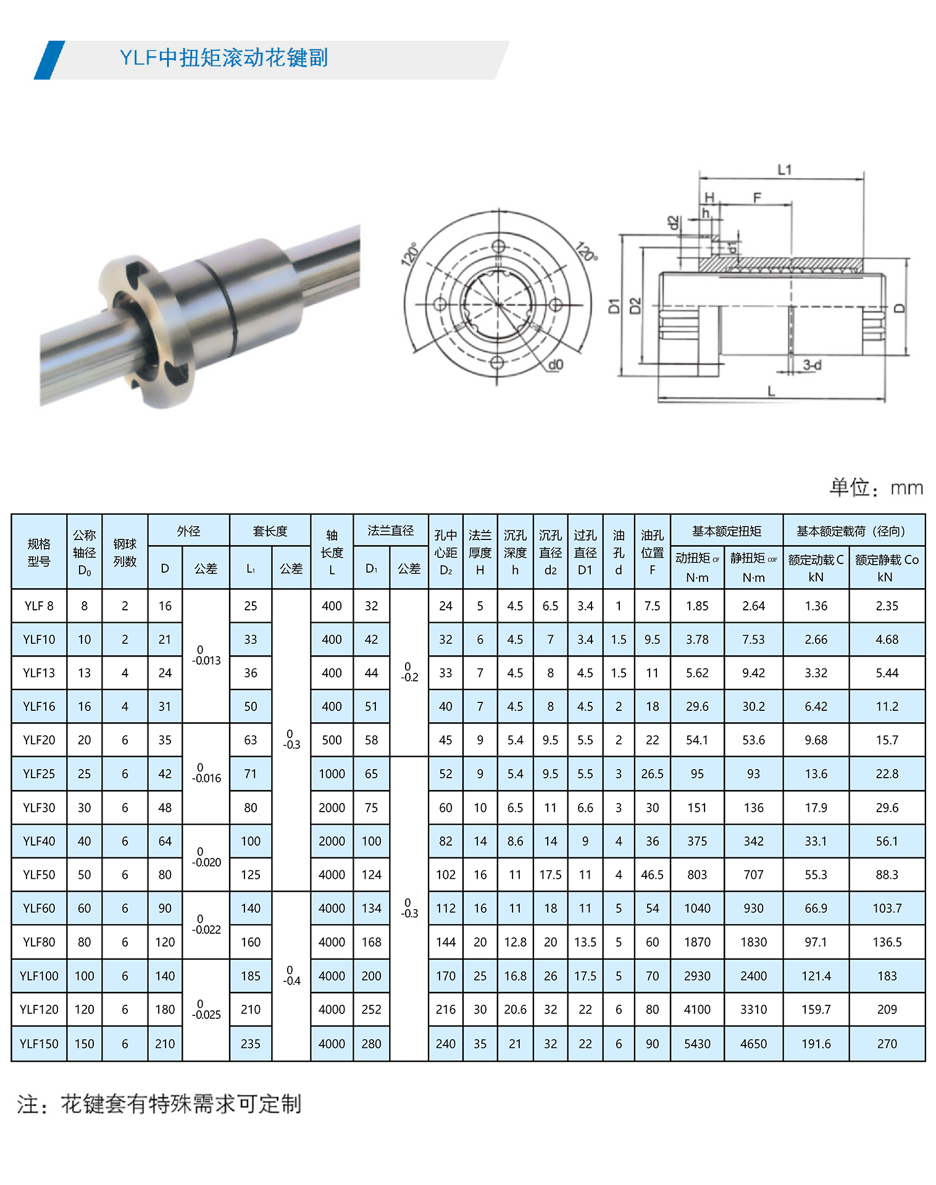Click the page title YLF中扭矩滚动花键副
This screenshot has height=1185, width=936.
(x=224, y=58)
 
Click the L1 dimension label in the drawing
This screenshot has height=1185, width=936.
(x=784, y=169)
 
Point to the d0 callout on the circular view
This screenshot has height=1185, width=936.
(x=555, y=364)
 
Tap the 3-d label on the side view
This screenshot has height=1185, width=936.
(x=812, y=365)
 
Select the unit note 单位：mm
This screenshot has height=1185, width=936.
(x=876, y=488)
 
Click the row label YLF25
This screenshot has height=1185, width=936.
(x=39, y=774)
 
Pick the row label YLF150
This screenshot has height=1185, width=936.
(x=39, y=1044)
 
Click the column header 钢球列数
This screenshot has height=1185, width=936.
(x=125, y=552)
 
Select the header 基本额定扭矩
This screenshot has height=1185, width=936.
(x=727, y=531)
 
